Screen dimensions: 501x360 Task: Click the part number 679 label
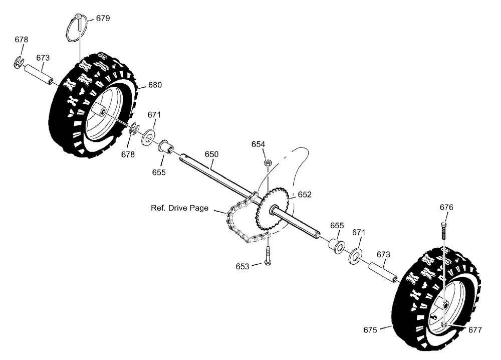[103, 18]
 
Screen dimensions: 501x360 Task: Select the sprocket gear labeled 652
[272, 209]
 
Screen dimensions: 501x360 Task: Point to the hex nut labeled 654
[267, 162]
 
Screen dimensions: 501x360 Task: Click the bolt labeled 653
[268, 256]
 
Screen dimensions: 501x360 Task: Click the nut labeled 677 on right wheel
[444, 325]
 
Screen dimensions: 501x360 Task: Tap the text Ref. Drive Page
[179, 208]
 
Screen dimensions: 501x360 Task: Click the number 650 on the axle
[211, 154]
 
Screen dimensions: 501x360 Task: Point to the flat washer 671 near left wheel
[148, 136]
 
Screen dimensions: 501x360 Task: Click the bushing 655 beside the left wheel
[167, 146]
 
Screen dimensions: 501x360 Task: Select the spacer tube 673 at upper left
[38, 75]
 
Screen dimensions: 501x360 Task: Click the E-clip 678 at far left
[19, 62]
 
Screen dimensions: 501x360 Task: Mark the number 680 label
[155, 85]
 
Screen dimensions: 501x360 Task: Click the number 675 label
[370, 330]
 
